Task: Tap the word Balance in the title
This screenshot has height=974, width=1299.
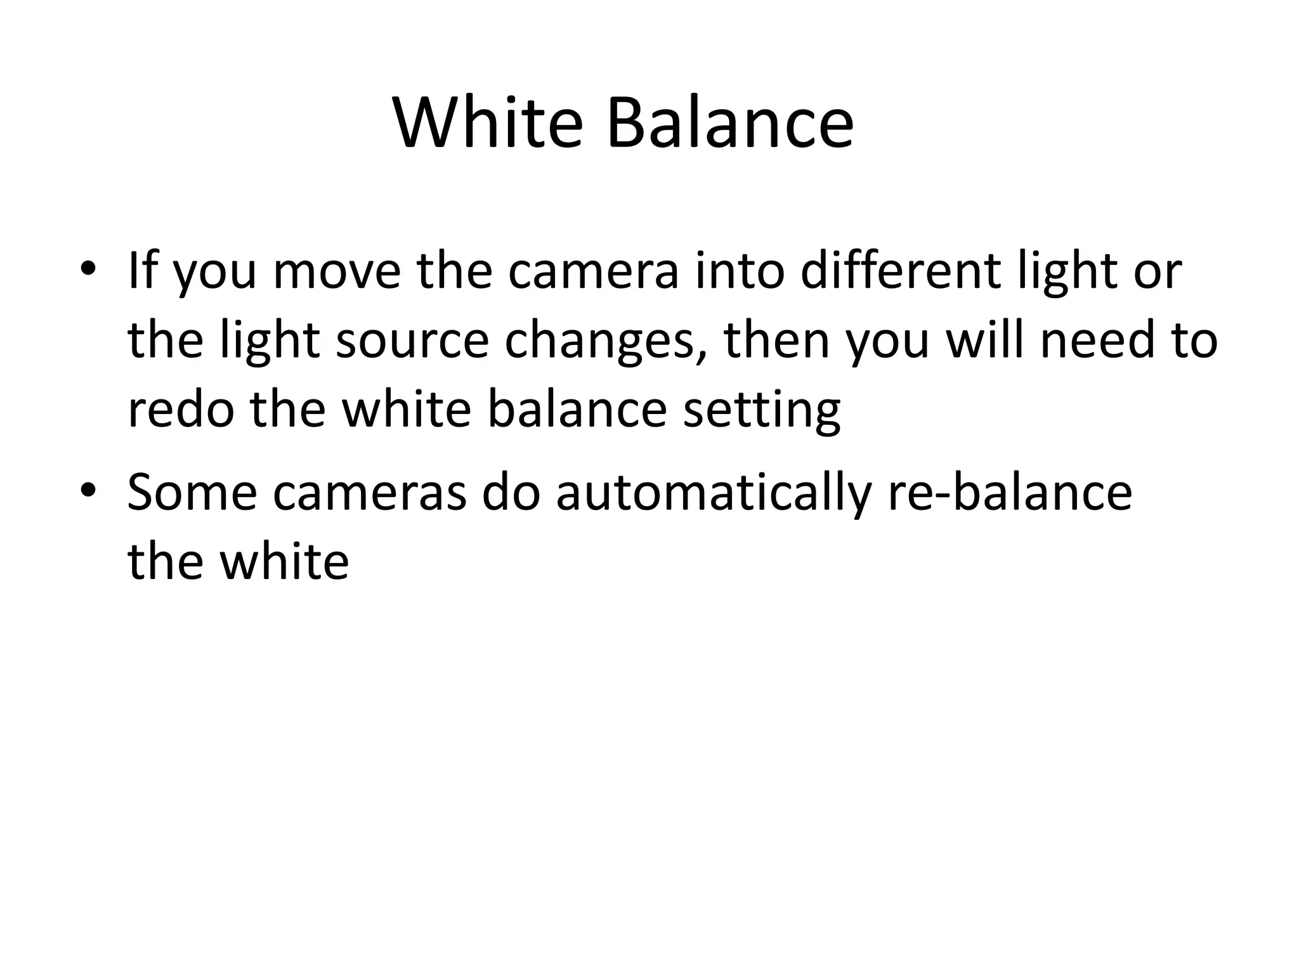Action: (730, 123)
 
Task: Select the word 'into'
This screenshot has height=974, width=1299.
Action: (739, 271)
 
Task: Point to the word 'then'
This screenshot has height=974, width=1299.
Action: (778, 341)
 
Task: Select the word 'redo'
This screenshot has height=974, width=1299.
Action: (181, 410)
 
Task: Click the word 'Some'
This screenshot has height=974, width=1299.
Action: (192, 493)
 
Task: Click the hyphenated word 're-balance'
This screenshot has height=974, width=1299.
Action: (1009, 493)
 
